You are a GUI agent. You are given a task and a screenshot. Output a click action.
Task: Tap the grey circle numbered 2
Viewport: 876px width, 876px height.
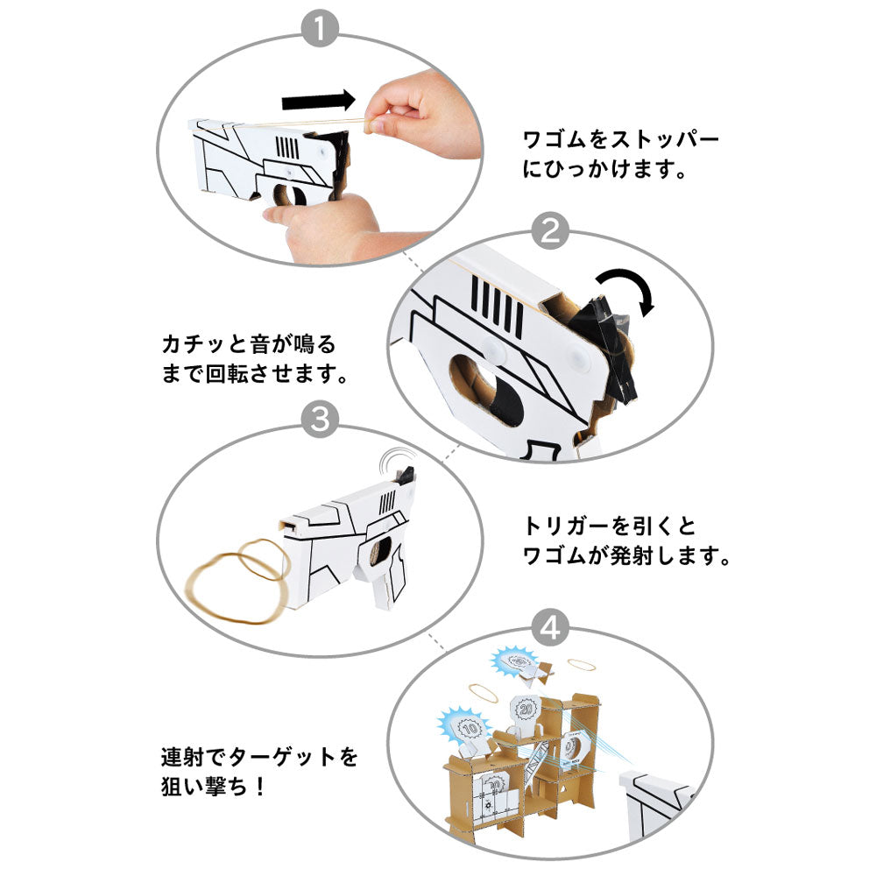pyautogui.click(x=552, y=232)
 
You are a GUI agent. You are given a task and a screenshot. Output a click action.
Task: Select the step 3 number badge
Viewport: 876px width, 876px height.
pyautogui.click(x=321, y=421)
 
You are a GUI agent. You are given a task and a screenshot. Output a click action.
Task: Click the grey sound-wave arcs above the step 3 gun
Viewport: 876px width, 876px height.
pyautogui.click(x=401, y=459)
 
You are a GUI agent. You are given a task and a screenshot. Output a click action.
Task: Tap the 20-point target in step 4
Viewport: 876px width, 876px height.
pyautogui.click(x=527, y=707)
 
